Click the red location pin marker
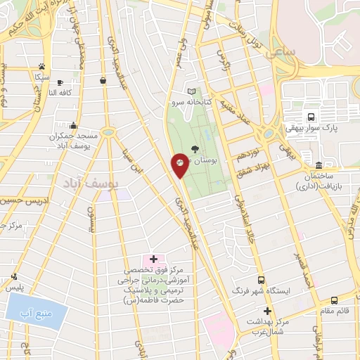180,165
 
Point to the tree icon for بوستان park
195,148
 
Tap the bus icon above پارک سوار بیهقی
310,117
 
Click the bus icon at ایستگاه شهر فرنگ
262,279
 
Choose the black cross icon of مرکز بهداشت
266,311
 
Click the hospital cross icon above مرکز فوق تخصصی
153,260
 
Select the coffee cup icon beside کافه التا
59,82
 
